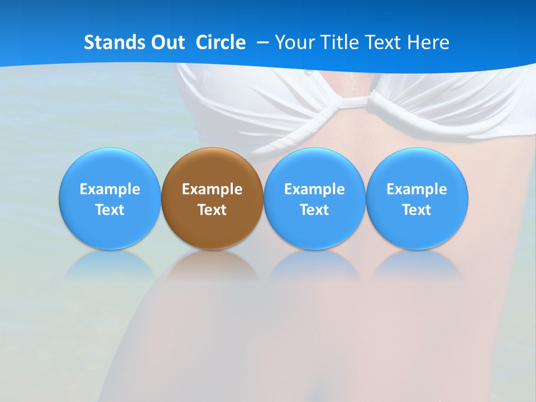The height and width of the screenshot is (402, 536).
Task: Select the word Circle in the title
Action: [221, 42]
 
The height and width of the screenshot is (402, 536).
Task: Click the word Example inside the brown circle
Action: [212, 189]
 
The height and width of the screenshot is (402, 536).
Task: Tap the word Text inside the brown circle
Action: [212, 210]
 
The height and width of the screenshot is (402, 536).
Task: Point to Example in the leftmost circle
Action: [109, 189]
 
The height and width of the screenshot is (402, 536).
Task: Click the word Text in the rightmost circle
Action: [417, 210]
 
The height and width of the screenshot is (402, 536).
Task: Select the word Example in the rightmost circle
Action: [417, 189]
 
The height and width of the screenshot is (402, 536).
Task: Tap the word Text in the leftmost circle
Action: [109, 210]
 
